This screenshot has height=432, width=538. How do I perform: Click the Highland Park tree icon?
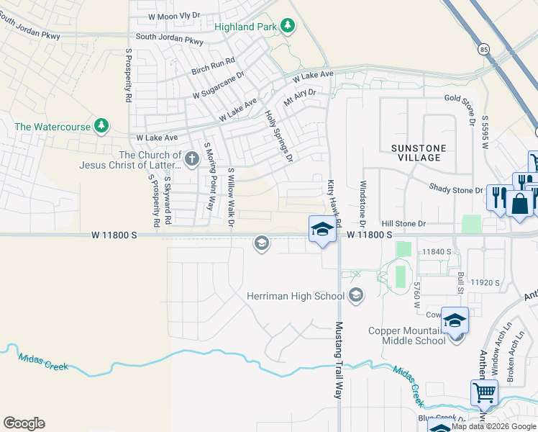click(x=288, y=27)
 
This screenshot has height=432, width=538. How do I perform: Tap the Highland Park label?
click(x=246, y=27)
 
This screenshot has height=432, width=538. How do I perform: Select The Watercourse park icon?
click(x=101, y=126)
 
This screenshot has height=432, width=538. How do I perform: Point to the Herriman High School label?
click(x=296, y=296)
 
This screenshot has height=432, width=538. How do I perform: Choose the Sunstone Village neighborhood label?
click(x=419, y=153)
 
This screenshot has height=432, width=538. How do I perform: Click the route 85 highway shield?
click(x=483, y=49)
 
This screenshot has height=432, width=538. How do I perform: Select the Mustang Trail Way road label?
click(x=338, y=360)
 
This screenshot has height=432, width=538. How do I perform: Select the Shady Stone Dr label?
click(x=455, y=189)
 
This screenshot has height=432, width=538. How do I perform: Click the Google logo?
click(x=24, y=423)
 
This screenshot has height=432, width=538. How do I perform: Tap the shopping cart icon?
click(x=485, y=393)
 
